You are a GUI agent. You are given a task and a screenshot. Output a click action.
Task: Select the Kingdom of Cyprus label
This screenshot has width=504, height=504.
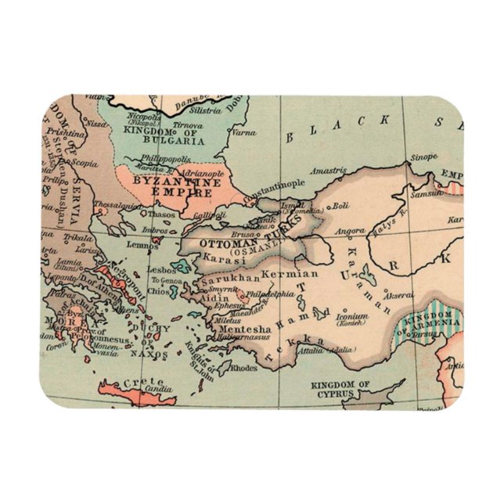(x=340, y=390)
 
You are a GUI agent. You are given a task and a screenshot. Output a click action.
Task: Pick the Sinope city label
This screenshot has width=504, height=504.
(x=425, y=157)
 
